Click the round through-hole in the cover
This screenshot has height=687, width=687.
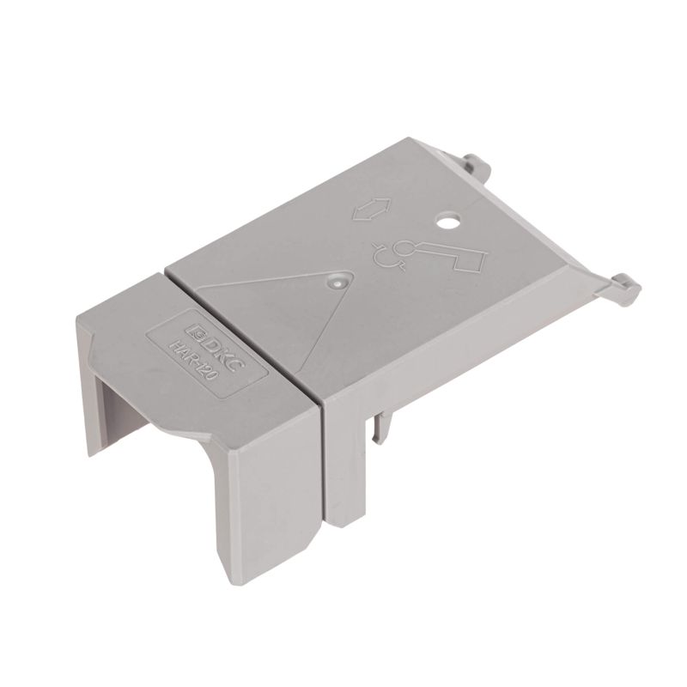(447, 223)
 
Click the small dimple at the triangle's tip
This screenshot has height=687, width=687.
(337, 280)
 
